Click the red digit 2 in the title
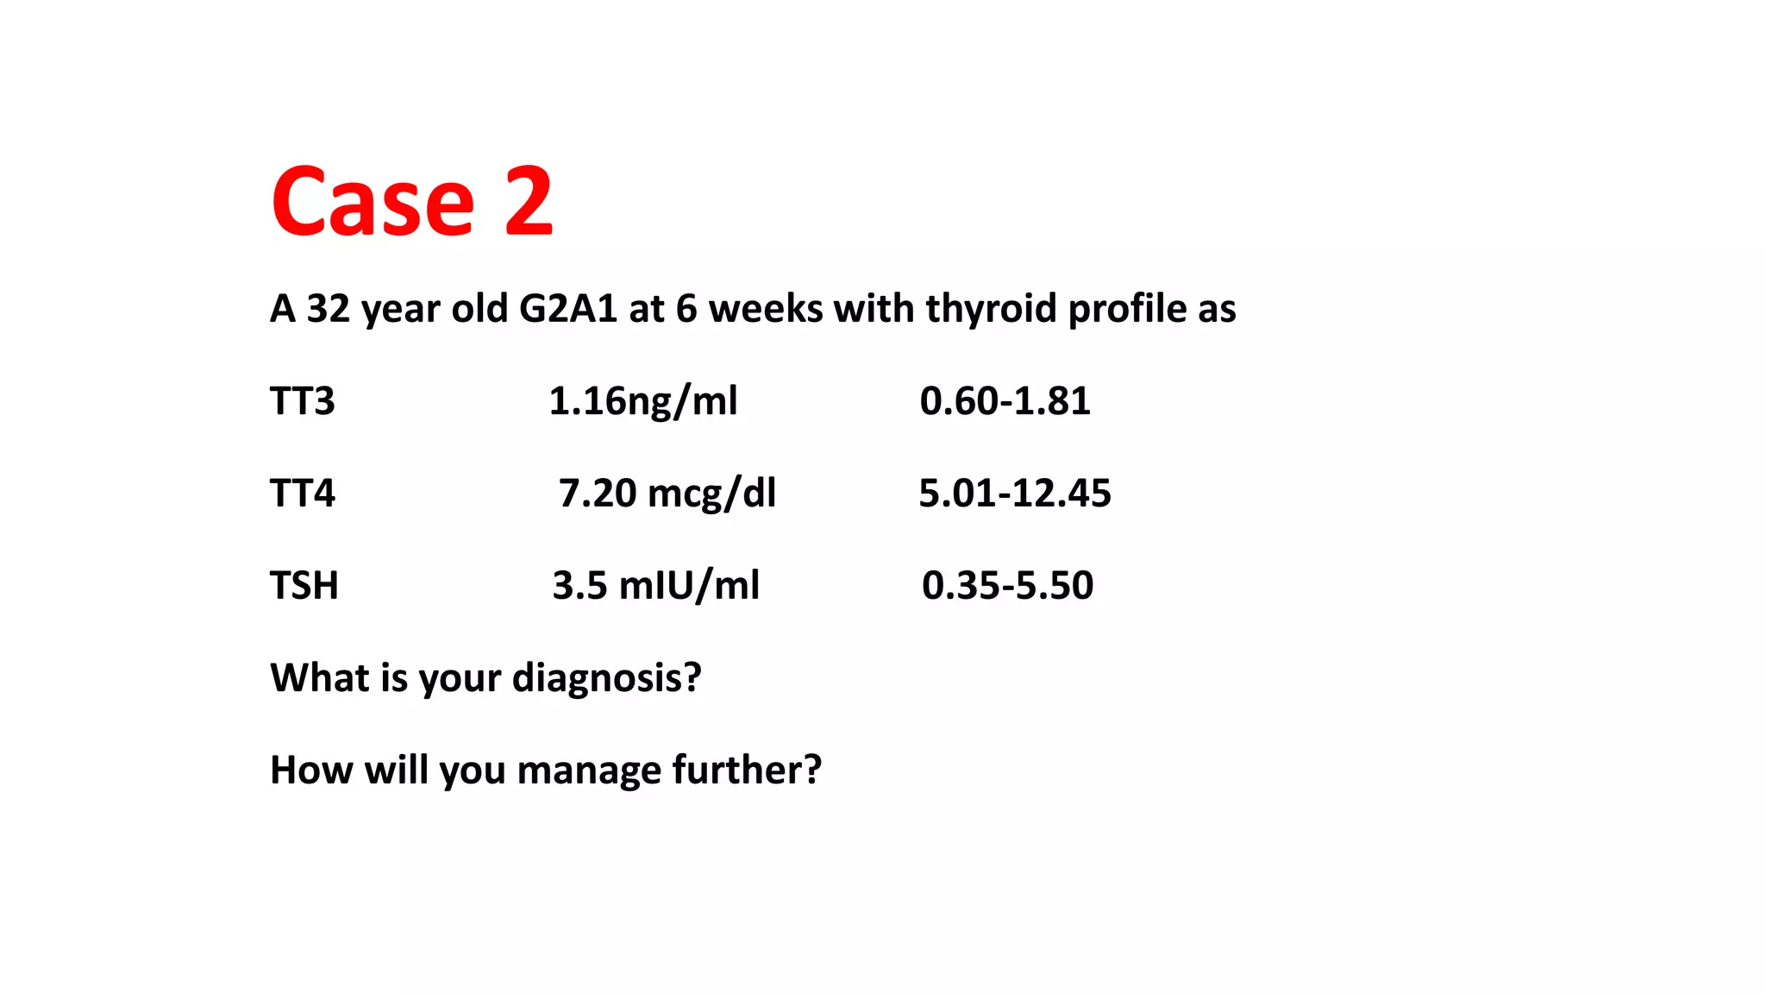click(528, 202)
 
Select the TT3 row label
click(302, 401)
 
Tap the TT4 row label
click(302, 494)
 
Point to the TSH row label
click(304, 586)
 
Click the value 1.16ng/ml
click(642, 401)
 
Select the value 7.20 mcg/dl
click(667, 494)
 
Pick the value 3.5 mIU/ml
click(655, 586)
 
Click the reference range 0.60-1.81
click(1005, 401)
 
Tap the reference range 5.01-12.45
click(1014, 494)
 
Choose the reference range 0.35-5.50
click(1007, 586)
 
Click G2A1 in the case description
click(567, 309)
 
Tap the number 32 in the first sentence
click(328, 309)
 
